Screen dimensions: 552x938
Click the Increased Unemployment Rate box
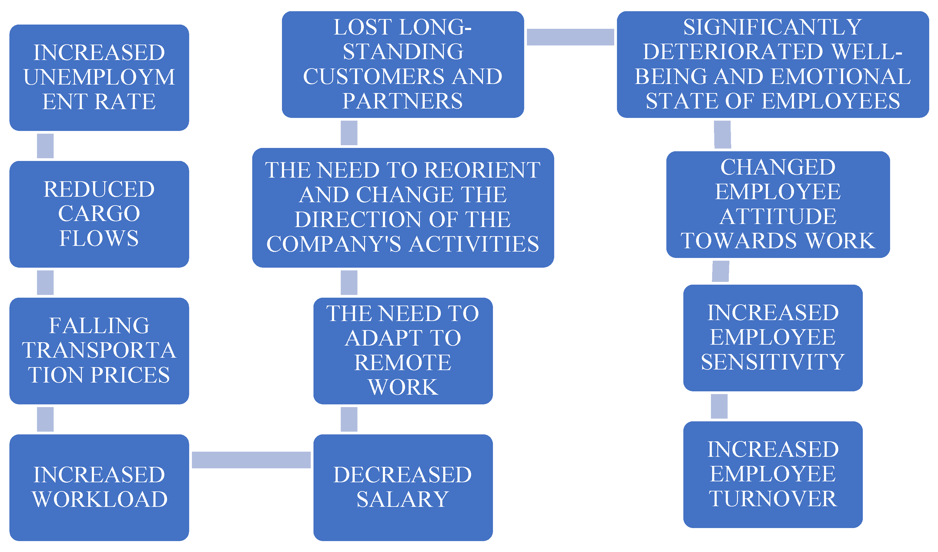click(x=99, y=77)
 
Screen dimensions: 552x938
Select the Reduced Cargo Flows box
click(x=99, y=214)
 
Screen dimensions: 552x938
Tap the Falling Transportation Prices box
click(x=99, y=351)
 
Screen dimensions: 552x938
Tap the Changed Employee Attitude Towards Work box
click(x=778, y=204)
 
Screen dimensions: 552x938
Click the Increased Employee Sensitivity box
click(x=773, y=338)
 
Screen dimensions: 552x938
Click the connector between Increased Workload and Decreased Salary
click(x=251, y=460)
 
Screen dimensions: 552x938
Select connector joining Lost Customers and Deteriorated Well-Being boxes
click(x=570, y=37)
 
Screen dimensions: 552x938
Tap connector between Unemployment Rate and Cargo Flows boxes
click(x=45, y=146)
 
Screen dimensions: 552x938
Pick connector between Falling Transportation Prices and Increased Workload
click(x=45, y=419)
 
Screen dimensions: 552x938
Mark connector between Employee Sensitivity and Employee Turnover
click(x=719, y=406)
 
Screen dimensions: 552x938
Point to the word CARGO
click(x=99, y=214)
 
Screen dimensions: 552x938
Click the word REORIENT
click(x=482, y=170)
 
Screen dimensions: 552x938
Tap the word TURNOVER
click(x=773, y=499)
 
